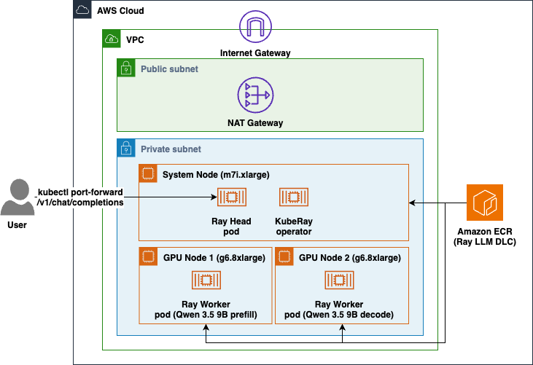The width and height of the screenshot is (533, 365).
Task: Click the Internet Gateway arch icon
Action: [255, 26]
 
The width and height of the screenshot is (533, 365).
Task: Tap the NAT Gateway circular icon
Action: [255, 95]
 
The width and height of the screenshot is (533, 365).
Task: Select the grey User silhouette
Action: [17, 197]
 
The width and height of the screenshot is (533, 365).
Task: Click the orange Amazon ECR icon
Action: [484, 203]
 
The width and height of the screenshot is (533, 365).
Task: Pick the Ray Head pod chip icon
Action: [231, 197]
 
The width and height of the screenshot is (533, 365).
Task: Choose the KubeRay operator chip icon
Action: [294, 197]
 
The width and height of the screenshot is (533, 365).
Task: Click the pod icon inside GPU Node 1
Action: [206, 280]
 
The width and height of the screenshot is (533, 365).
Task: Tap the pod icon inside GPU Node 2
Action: [339, 280]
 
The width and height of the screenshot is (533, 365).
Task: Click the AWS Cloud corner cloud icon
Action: [82, 10]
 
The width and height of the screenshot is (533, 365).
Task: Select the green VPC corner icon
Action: [112, 39]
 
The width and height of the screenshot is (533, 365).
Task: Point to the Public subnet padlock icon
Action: [126, 68]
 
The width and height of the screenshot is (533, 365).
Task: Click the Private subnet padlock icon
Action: [126, 148]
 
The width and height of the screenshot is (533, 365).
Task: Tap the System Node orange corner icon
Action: [148, 173]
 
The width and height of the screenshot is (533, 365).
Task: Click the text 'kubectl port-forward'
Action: [80, 192]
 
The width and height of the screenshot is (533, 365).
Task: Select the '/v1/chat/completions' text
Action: [80, 203]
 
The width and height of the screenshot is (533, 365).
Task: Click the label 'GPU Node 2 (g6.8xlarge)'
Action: [350, 258]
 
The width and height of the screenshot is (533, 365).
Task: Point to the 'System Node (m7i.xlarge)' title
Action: [216, 175]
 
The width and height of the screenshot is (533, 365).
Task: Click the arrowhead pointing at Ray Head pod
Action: [214, 197]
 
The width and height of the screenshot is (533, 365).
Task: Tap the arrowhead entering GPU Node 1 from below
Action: [206, 327]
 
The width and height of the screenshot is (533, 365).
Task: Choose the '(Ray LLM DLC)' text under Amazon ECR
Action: [485, 242]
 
